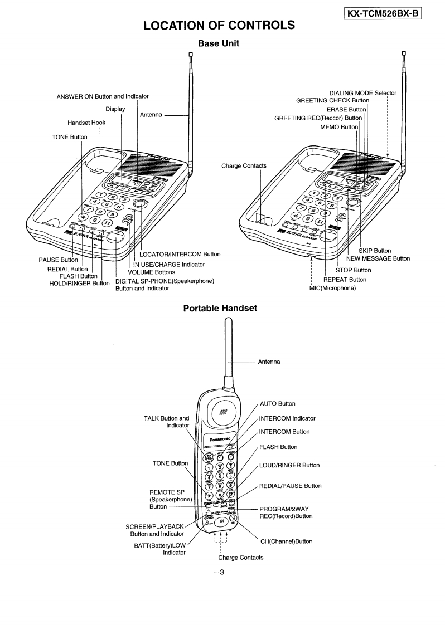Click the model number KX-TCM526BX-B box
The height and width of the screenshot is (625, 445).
(x=383, y=11)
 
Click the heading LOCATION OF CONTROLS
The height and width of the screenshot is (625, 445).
(x=219, y=25)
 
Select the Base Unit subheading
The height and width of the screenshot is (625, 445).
(x=219, y=43)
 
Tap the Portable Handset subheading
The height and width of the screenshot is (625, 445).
(x=220, y=308)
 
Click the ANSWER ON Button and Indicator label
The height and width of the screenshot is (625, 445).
(x=103, y=96)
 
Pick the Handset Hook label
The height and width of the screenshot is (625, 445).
(x=86, y=123)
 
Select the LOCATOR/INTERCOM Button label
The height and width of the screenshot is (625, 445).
(x=180, y=254)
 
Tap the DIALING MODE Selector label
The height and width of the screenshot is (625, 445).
(x=362, y=93)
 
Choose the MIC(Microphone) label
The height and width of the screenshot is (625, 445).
(x=332, y=288)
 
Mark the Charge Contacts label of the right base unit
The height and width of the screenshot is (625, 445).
(x=244, y=165)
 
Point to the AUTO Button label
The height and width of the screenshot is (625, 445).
(x=278, y=403)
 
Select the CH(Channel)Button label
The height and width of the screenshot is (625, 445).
(x=286, y=541)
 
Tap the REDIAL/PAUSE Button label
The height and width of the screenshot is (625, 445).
(x=290, y=486)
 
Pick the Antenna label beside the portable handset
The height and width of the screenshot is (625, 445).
(x=269, y=362)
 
